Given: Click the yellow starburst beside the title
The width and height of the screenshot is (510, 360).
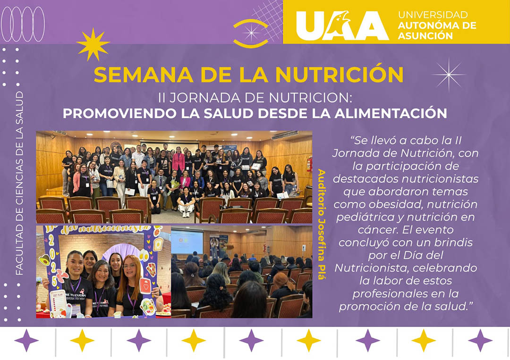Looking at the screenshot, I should point(93,44).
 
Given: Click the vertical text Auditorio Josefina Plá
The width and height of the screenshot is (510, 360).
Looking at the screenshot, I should point(321,224).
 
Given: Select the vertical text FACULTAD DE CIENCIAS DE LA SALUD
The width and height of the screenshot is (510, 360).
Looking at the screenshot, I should point(19,183).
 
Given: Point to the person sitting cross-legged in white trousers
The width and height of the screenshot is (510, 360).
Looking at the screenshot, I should point(186,203).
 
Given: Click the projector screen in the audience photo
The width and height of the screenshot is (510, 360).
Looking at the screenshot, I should point(187,242).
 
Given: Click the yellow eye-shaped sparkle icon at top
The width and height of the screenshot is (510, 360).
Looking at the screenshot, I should point(251,33).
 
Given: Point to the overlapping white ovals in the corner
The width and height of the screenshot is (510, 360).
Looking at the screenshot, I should point(23,24).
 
